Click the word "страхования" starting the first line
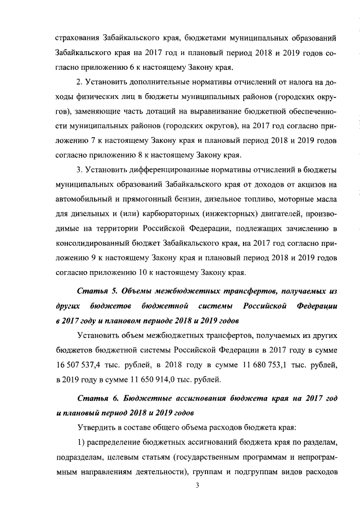click(77, 39)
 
